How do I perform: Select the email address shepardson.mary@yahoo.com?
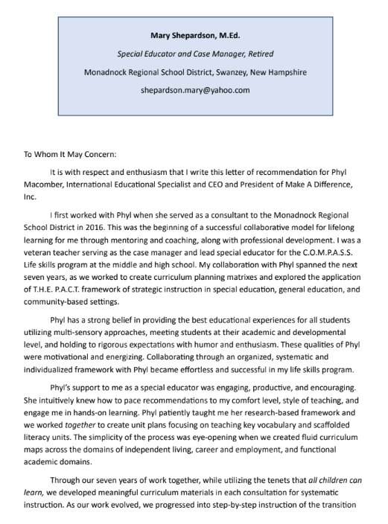(194, 90)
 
